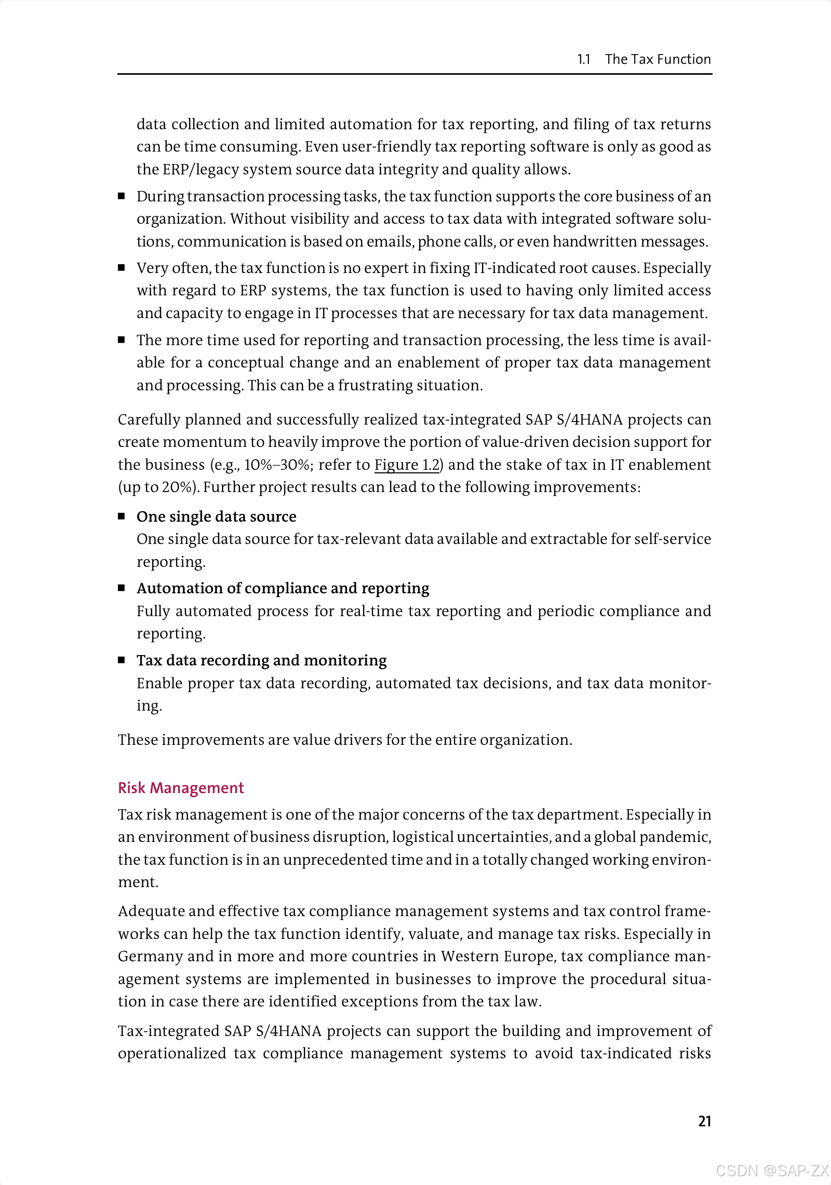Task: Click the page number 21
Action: click(x=704, y=1121)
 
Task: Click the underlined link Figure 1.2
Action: click(x=407, y=465)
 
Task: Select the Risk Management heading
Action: click(x=181, y=788)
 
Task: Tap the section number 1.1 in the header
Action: click(x=584, y=59)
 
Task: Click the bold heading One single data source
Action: click(x=216, y=516)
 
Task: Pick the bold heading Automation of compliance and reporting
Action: click(x=283, y=588)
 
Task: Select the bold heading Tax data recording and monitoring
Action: click(x=261, y=660)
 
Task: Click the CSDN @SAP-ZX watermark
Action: click(x=772, y=1170)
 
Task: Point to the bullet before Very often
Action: click(x=122, y=268)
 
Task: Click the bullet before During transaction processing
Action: click(x=122, y=196)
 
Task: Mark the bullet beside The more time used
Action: click(x=122, y=340)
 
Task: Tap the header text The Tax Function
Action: click(x=658, y=59)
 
